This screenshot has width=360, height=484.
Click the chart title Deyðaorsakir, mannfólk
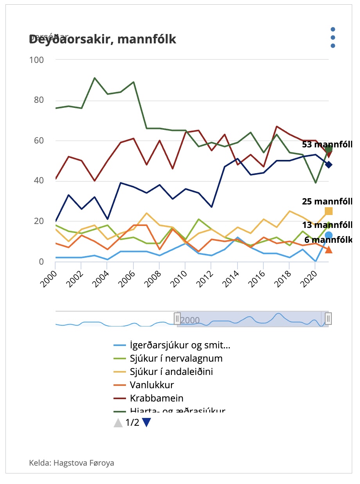tap(103, 39)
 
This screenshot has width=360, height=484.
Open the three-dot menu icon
tap(333, 38)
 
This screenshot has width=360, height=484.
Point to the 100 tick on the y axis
tap(37, 60)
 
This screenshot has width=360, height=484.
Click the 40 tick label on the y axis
tap(39, 181)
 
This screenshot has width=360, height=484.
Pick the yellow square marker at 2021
tap(329, 211)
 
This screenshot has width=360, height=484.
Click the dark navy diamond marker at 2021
tap(329, 165)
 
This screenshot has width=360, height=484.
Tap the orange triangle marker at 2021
tap(329, 249)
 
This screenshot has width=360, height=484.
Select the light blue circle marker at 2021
tap(329, 235)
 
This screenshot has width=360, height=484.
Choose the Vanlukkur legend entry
tap(151, 385)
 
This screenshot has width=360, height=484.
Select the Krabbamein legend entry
tap(157, 398)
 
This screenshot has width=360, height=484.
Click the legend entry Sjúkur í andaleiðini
tap(171, 371)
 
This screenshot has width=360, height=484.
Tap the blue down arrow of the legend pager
tap(146, 423)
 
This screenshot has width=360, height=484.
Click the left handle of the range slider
tap(177, 319)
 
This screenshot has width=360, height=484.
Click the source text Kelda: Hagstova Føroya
tap(72, 463)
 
